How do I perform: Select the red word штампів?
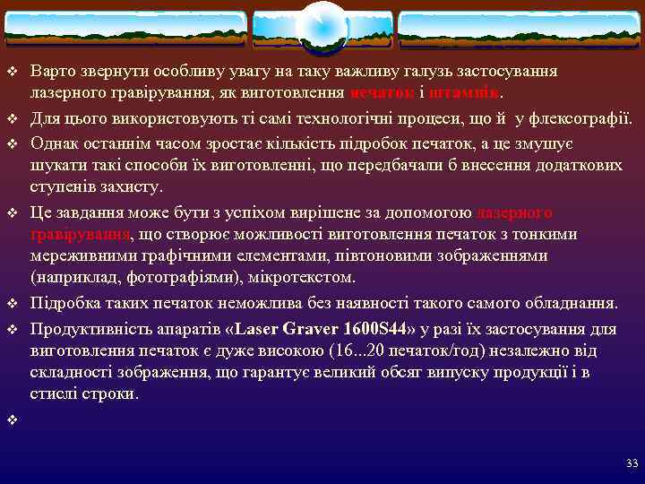(x=463, y=92)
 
